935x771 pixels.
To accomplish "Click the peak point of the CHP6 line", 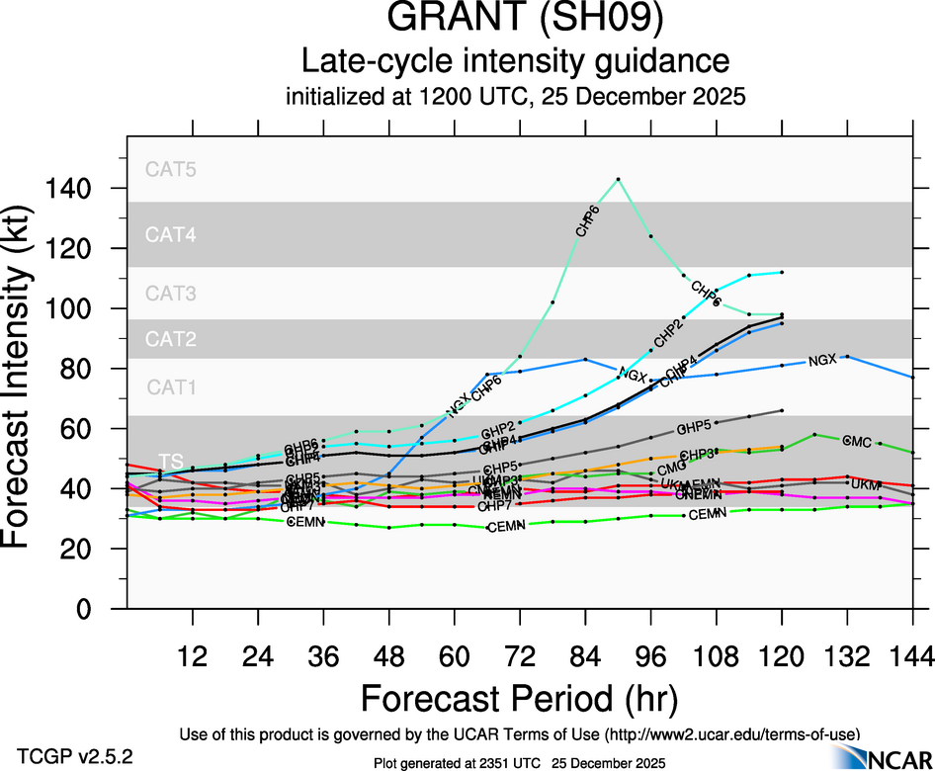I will point(618,179).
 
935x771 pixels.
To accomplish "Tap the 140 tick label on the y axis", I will point(90,188).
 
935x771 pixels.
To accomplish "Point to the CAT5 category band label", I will point(171,169).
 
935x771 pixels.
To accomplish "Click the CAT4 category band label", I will point(171,235).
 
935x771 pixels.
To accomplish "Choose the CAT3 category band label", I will point(171,294).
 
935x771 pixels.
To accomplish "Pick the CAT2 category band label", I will point(171,339).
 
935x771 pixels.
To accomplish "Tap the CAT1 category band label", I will point(171,387).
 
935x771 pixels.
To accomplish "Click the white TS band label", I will point(171,462).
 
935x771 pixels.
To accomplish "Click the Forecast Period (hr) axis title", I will point(519,698).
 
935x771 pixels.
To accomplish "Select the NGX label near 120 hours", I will point(822,360).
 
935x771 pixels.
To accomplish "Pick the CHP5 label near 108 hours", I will point(695,428).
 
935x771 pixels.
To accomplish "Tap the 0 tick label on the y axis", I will point(103,609).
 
